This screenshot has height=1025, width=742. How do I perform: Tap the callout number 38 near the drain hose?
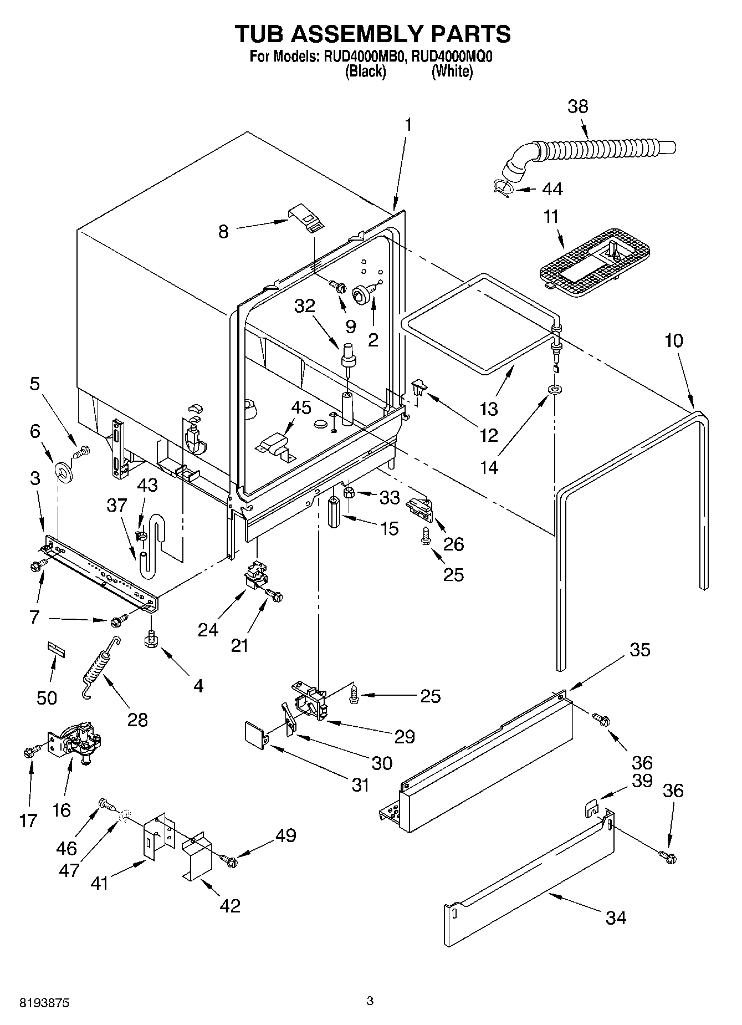coord(577,106)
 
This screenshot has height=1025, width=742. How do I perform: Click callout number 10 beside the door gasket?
coord(674,340)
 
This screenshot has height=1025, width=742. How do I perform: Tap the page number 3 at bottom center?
coord(370,1001)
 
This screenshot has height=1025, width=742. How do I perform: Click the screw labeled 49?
coord(228,860)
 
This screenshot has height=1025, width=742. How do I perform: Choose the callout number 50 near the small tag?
coord(47,697)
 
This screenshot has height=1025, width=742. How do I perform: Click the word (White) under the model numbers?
coord(452,72)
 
